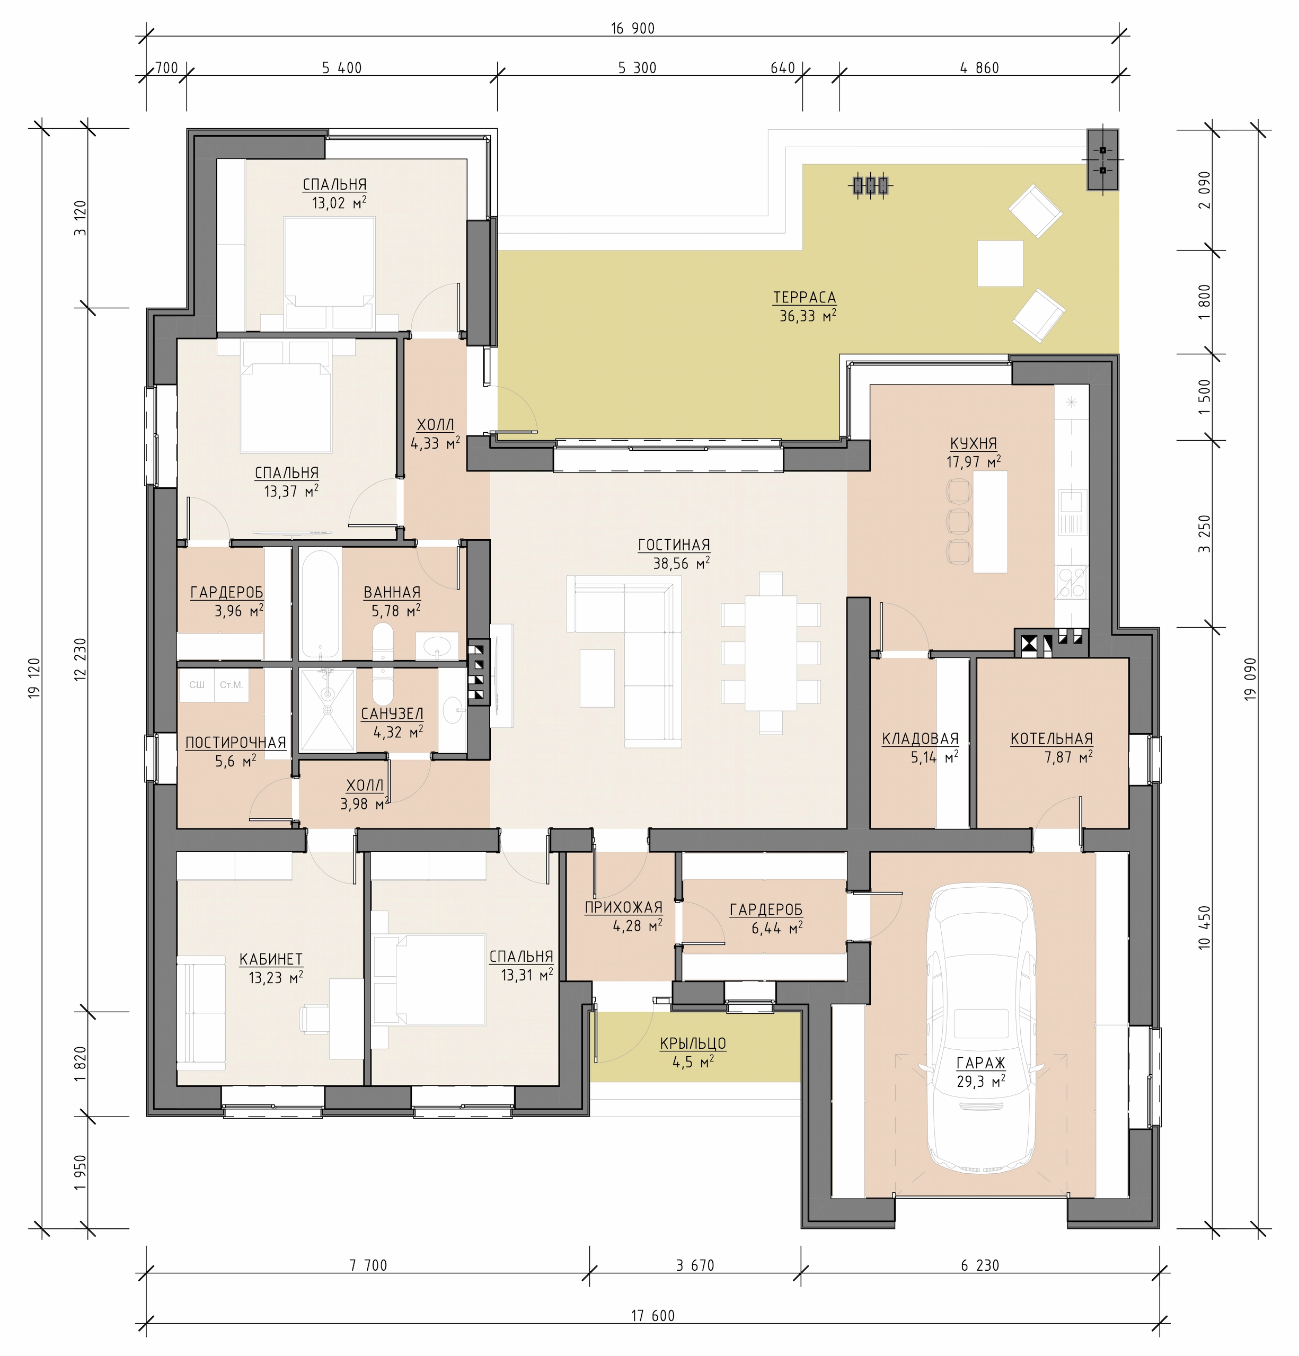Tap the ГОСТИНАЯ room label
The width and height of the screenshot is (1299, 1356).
tap(674, 545)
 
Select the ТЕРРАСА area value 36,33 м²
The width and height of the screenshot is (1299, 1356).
tap(808, 316)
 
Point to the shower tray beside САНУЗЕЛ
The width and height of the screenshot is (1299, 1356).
tap(328, 709)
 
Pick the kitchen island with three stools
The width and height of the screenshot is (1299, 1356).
tap(989, 522)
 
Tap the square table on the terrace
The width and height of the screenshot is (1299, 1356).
tap(1000, 263)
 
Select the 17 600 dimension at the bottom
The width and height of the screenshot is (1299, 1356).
tap(652, 1315)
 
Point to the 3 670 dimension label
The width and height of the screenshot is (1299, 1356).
tap(695, 1265)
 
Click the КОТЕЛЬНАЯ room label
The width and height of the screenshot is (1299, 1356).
tap(1051, 739)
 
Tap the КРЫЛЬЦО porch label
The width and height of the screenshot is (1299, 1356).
tap(693, 1043)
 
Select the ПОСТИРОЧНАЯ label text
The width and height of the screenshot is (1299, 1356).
tap(235, 742)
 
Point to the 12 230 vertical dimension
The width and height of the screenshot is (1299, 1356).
tap(81, 659)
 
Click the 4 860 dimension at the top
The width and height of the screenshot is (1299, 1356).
tap(979, 68)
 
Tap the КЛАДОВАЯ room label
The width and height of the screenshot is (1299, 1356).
tap(920, 739)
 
